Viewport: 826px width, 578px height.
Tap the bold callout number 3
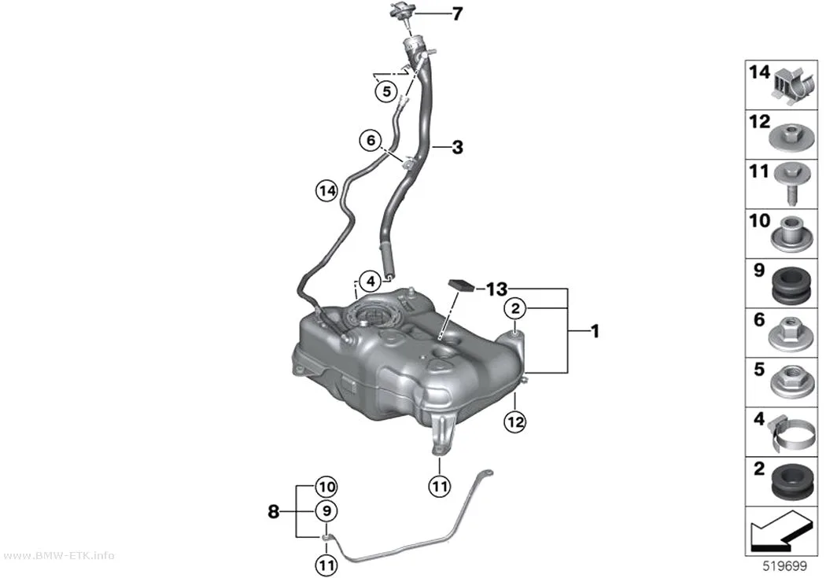tap(457, 147)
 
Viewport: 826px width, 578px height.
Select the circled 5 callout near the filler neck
tap(387, 91)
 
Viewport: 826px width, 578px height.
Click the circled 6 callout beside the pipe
tap(371, 141)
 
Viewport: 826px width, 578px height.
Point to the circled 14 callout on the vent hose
tap(326, 190)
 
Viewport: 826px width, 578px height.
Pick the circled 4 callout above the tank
tap(371, 281)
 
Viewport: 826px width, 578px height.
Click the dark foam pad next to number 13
tap(462, 285)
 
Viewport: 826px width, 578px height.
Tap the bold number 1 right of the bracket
tap(595, 332)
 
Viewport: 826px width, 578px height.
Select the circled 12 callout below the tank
tap(514, 422)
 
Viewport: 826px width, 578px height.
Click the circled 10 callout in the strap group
tap(326, 487)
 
